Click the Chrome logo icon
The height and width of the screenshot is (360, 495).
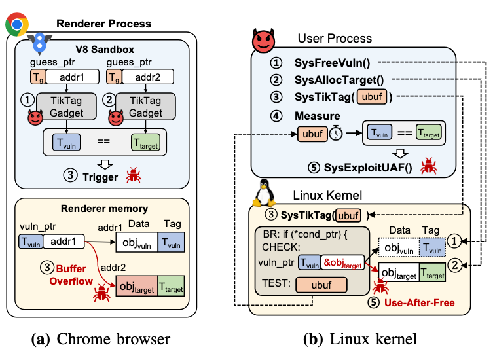(x=16, y=24)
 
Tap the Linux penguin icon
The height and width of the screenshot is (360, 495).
(x=265, y=189)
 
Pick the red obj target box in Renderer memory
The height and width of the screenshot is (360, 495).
(x=136, y=285)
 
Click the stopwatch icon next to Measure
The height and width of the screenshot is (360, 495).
(x=335, y=134)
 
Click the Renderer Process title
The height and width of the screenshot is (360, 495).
(x=103, y=24)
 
